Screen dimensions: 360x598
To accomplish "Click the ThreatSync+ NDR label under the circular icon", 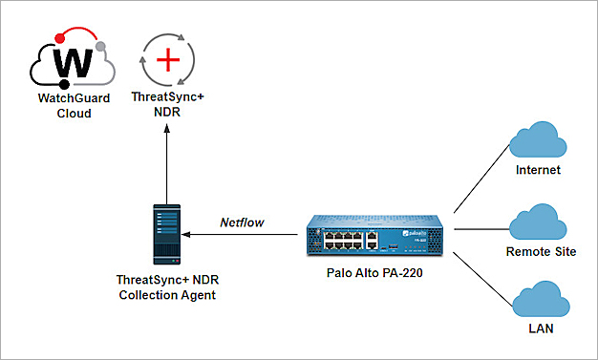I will tap(168, 104).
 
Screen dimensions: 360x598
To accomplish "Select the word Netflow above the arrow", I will tap(242, 221).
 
